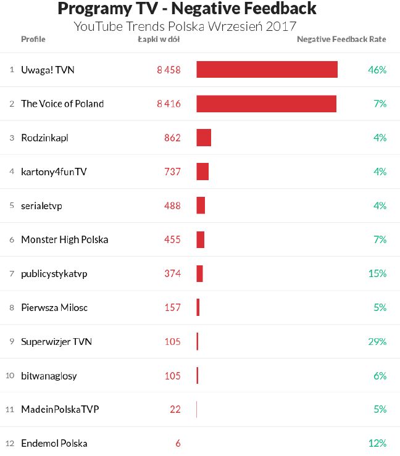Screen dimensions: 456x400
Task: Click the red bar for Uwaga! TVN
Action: point(267,70)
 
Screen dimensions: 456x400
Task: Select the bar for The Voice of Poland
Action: point(266,104)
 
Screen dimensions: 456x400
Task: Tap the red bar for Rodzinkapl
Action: point(204,138)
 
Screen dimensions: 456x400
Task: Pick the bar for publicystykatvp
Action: point(199,273)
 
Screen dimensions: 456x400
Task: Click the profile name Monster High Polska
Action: point(64,239)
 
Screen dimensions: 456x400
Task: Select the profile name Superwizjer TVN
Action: point(56,341)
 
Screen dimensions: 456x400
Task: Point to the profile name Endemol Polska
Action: point(54,443)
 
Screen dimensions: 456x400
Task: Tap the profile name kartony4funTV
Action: point(54,172)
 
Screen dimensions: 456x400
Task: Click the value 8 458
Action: point(169,70)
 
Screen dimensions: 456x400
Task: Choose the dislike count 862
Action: point(172,138)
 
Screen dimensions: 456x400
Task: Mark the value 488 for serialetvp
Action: point(172,205)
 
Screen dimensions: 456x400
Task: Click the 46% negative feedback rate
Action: point(377,70)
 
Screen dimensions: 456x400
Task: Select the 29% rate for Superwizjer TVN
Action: point(377,341)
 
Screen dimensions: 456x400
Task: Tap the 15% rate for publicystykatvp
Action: point(377,273)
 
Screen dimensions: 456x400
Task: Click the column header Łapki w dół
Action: point(159,39)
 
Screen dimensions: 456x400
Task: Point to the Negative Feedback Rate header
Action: point(341,39)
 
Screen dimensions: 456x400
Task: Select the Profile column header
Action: point(33,39)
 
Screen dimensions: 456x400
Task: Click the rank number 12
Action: point(9,443)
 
